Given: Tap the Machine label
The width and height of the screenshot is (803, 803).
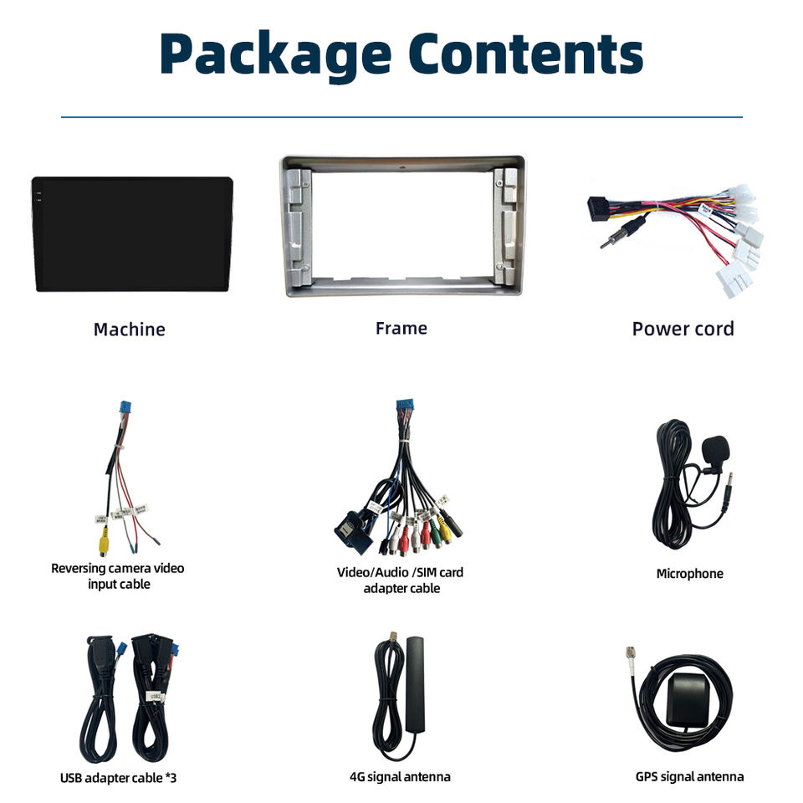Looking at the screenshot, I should (x=129, y=330).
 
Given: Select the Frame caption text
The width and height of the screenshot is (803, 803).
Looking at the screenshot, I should (x=401, y=329).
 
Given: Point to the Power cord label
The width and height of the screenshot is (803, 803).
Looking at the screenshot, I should (x=683, y=329).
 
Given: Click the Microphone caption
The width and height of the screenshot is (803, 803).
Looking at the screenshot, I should (x=689, y=574).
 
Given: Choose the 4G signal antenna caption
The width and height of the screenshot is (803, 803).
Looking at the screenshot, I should (x=400, y=777).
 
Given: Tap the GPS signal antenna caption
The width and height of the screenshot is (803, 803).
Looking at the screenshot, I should (x=689, y=777).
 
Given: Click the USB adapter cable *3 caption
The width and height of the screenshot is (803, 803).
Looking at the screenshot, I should (x=118, y=778).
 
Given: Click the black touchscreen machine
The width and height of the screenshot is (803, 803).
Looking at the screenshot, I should (x=132, y=233).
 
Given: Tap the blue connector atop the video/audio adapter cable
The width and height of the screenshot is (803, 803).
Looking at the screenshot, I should (x=407, y=411).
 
